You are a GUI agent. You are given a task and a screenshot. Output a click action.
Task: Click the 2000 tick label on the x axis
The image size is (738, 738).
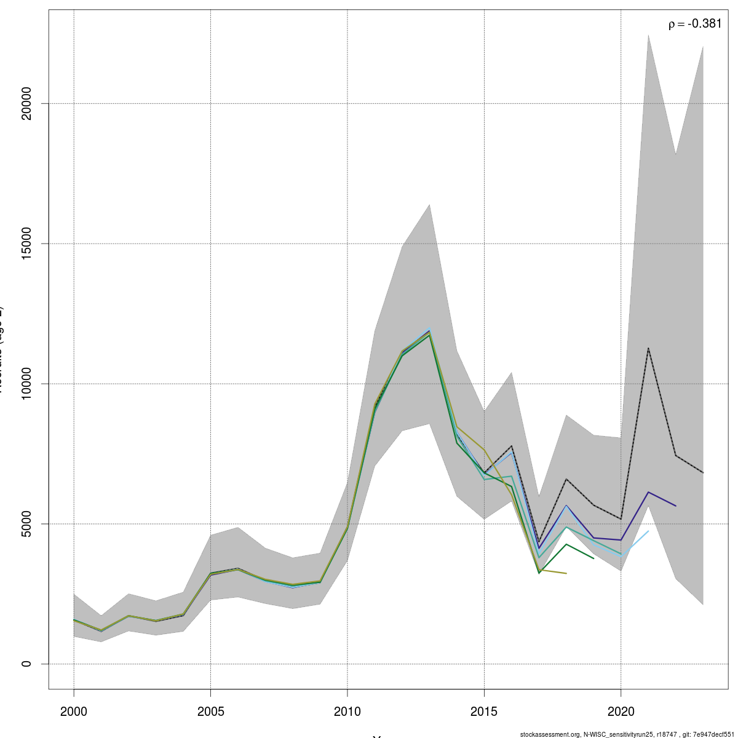pyautogui.click(x=74, y=712)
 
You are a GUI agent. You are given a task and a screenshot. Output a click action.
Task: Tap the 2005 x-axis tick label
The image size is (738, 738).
pyautogui.click(x=211, y=712)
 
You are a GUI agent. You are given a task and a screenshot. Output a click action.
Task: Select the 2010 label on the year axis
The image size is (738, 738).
pyautogui.click(x=347, y=712)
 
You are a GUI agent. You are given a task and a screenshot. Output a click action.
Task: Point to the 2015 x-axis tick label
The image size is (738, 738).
pyautogui.click(x=484, y=712)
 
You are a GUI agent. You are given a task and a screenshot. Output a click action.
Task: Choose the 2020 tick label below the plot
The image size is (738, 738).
pyautogui.click(x=621, y=712)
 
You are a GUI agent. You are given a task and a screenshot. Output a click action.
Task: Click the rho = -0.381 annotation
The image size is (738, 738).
pyautogui.click(x=695, y=24)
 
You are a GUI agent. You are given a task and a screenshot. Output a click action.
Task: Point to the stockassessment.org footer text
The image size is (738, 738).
pyautogui.click(x=627, y=734)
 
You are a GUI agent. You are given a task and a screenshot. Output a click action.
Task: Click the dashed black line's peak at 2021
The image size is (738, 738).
pyautogui.click(x=648, y=348)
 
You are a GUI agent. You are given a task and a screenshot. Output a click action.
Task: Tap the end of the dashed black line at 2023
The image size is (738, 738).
pyautogui.click(x=703, y=472)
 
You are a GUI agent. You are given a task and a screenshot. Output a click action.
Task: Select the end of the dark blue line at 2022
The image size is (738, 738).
pyautogui.click(x=676, y=506)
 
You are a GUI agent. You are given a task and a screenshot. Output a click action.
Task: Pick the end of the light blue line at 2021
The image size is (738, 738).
pyautogui.click(x=648, y=531)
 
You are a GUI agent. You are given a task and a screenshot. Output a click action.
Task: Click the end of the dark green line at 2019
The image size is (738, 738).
pyautogui.click(x=593, y=558)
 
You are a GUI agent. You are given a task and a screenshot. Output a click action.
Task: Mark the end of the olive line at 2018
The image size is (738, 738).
pyautogui.click(x=566, y=573)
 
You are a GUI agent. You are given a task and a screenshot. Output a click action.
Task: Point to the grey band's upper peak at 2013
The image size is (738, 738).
pyautogui.click(x=429, y=204)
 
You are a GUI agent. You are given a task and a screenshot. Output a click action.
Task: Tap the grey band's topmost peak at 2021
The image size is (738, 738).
pyautogui.click(x=648, y=35)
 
